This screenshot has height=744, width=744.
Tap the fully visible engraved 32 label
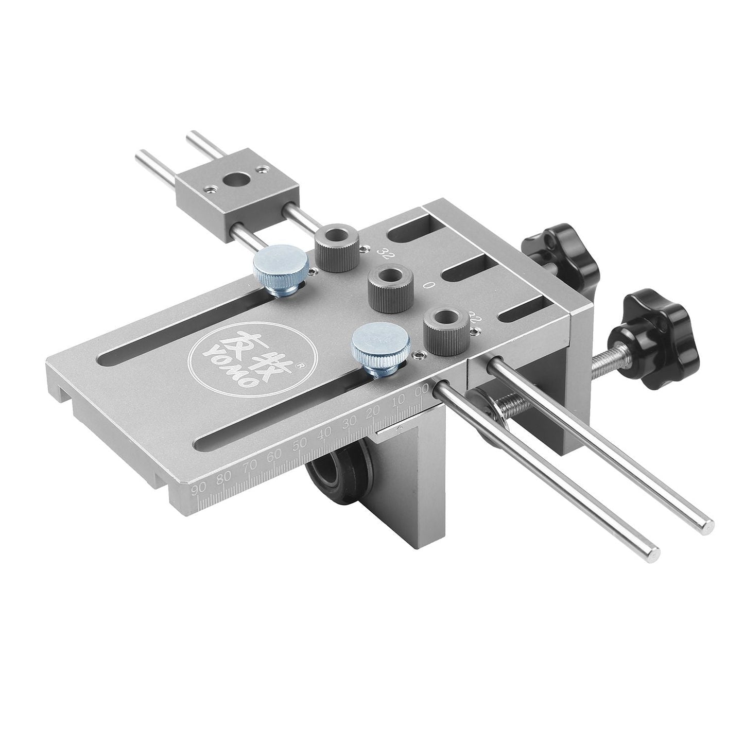[383, 252]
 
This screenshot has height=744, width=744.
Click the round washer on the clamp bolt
[485, 412]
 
